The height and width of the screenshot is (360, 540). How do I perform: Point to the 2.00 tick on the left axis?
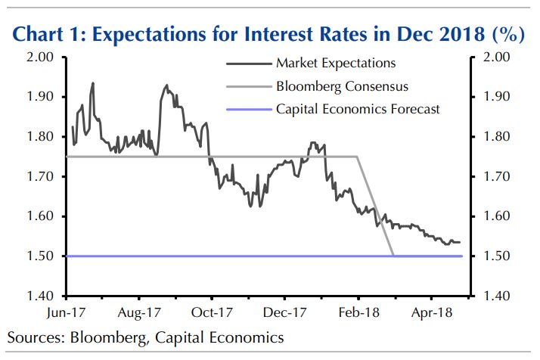click(40, 57)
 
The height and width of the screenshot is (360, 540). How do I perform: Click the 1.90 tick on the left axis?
click(40, 97)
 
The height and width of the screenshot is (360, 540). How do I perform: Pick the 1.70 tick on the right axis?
click(494, 177)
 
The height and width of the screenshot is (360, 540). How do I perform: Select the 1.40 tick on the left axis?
click(40, 296)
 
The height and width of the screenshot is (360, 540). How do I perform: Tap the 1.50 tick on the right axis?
click(494, 256)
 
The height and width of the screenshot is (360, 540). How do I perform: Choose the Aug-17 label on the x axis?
click(140, 312)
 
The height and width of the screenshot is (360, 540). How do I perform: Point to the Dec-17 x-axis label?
click(286, 312)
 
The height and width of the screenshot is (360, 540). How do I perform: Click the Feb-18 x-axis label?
click(358, 312)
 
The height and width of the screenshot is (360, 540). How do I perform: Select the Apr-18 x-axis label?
click(430, 312)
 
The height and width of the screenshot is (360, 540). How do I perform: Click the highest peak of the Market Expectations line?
click(92, 83)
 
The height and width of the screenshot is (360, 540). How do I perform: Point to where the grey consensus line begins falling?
click(358, 157)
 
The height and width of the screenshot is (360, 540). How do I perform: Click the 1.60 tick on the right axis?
click(494, 217)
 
